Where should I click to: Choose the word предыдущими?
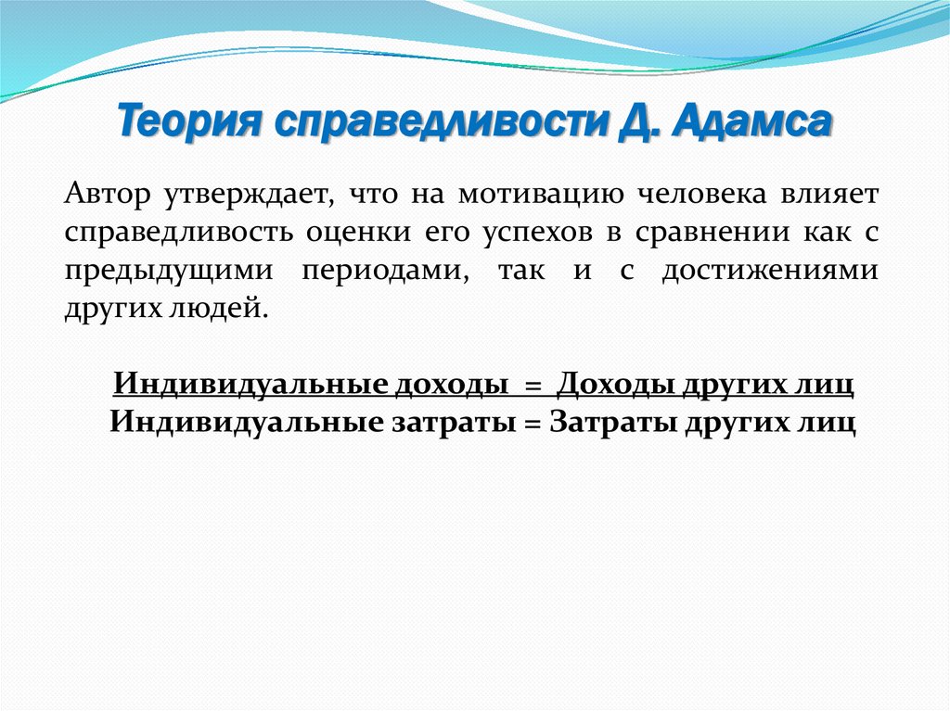[169, 272]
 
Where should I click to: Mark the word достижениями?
[769, 272]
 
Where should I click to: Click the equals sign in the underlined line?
[532, 385]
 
